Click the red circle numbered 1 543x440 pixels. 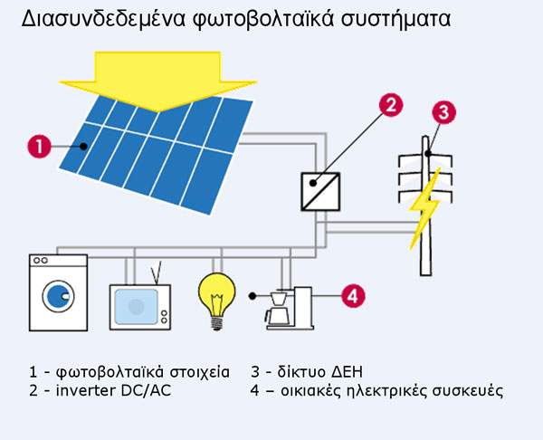pyautogui.click(x=39, y=145)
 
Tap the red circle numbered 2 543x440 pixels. pyautogui.click(x=389, y=105)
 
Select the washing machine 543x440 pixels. pyautogui.click(x=59, y=292)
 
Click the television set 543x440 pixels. pyautogui.click(x=139, y=305)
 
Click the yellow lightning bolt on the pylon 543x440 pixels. pyautogui.click(x=424, y=215)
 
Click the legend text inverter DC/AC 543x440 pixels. pyautogui.click(x=115, y=390)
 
